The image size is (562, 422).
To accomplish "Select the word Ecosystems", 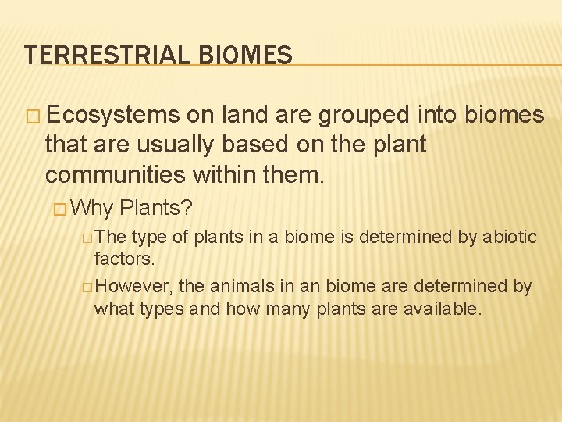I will [x=112, y=115].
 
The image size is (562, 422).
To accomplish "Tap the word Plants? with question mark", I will [x=157, y=209].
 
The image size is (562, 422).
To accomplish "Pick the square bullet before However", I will [x=87, y=287].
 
